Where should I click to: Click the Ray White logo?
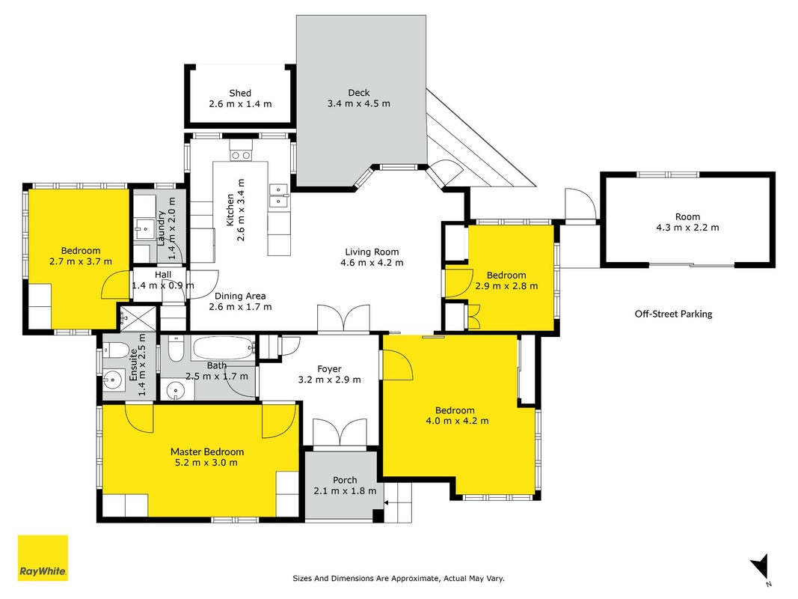coord(43,558)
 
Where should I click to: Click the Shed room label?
coord(240,93)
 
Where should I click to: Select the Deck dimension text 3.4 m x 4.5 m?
coord(359,104)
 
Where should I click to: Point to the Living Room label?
coord(372,252)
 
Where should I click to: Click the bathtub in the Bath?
coord(223,348)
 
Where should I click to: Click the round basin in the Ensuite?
coord(113,380)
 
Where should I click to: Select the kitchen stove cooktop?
coord(240,155)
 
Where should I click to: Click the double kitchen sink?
coord(278,195)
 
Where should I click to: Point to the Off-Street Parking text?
coord(673,314)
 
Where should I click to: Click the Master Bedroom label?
coord(207,451)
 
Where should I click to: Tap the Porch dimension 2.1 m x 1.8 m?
coord(345,491)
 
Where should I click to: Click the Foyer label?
coord(329,369)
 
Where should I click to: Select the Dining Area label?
coord(240,296)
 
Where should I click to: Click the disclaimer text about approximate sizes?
coord(399,579)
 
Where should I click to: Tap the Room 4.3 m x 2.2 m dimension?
coord(687,228)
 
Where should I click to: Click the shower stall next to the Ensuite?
coord(138,317)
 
